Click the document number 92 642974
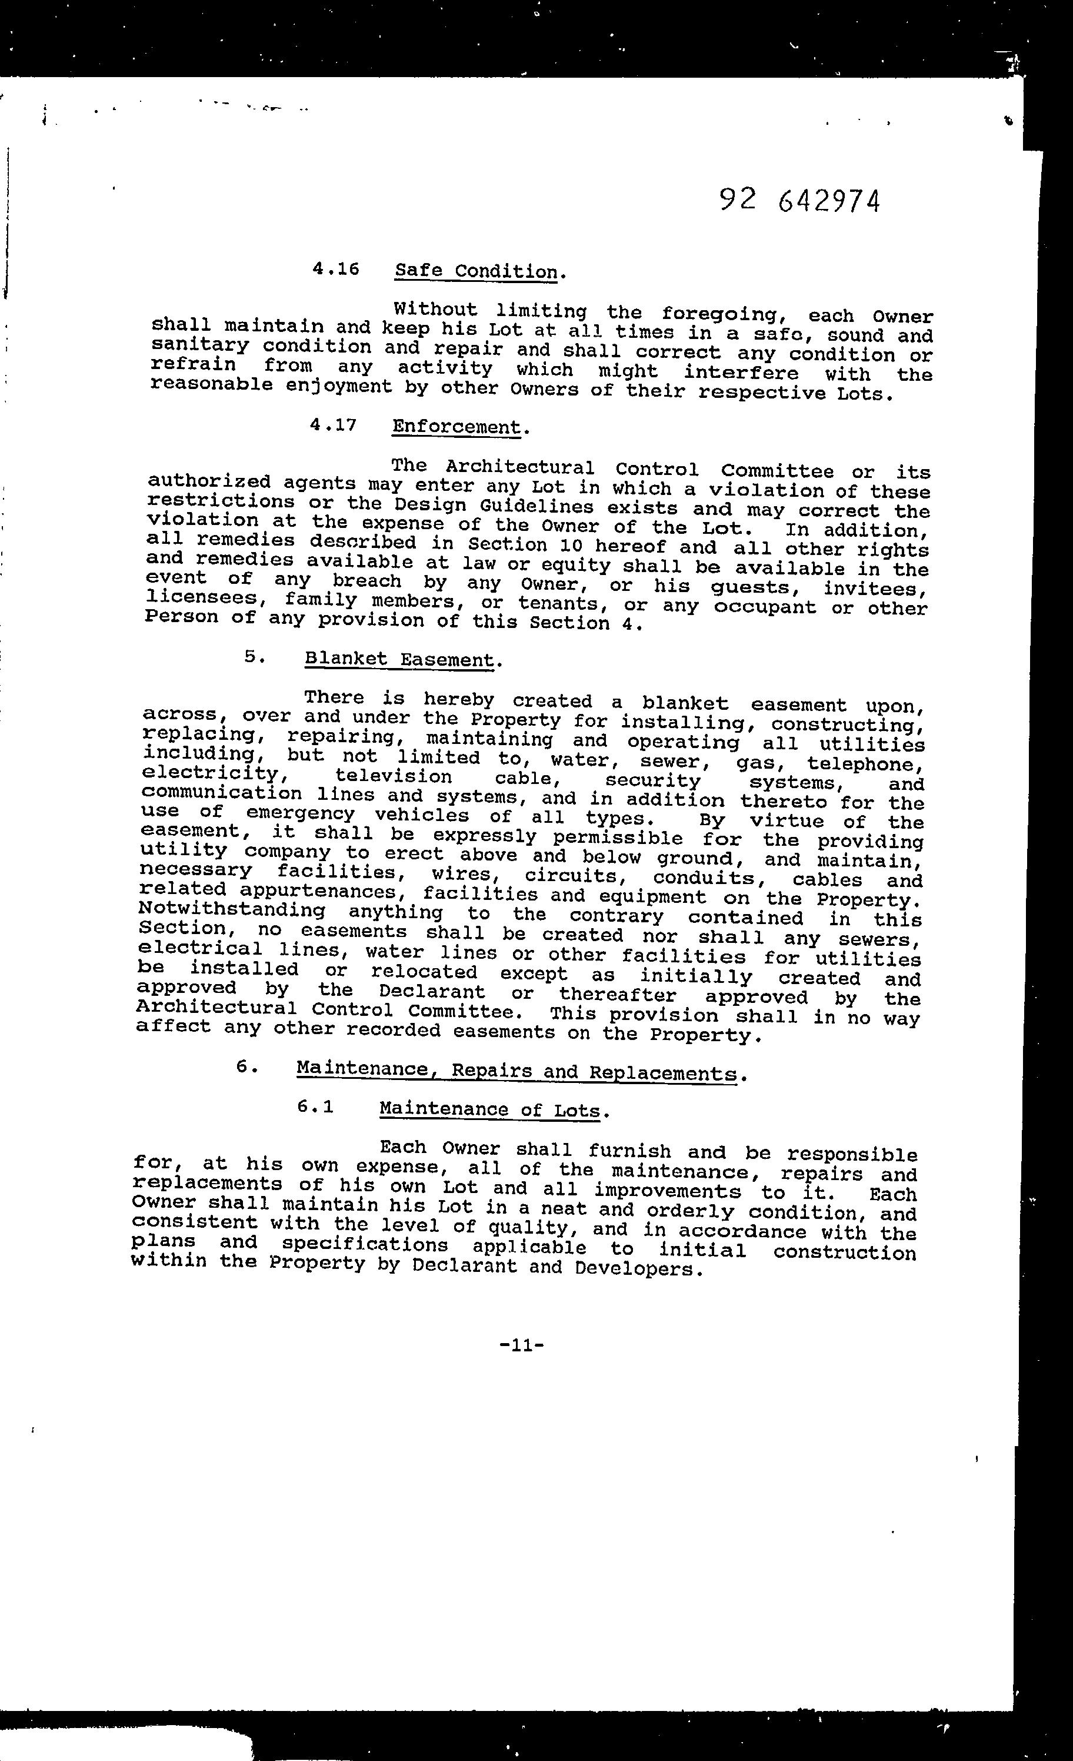pyautogui.click(x=799, y=201)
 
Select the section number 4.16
pyautogui.click(x=335, y=270)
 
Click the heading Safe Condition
pyautogui.click(x=476, y=271)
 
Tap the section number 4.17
pyautogui.click(x=333, y=424)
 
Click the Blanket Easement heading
pyautogui.click(x=399, y=659)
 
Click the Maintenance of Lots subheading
pyautogui.click(x=490, y=1109)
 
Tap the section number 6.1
pyautogui.click(x=316, y=1107)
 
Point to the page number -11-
pyautogui.click(x=522, y=1345)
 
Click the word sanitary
pyautogui.click(x=200, y=346)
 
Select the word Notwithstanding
pyautogui.click(x=231, y=911)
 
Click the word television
pyautogui.click(x=394, y=776)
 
